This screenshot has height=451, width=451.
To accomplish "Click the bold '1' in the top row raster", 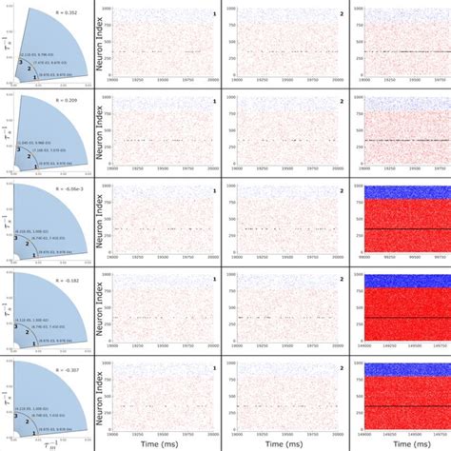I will pos(213,14).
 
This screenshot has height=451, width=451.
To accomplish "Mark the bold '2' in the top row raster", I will pos(330,14).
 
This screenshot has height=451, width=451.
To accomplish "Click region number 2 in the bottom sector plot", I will pos(28,419).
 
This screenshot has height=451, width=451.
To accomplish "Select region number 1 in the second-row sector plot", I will pos(37,161).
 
